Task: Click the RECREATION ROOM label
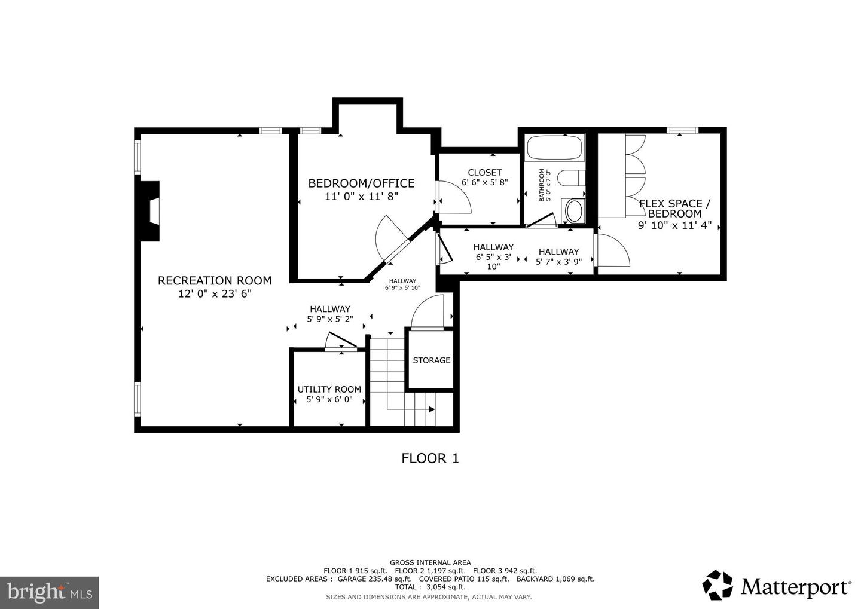[x=215, y=280]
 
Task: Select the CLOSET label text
[x=484, y=173]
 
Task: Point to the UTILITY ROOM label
[x=329, y=390]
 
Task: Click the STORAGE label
[x=431, y=360]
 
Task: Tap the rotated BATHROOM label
[x=542, y=185]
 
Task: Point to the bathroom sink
[x=574, y=211]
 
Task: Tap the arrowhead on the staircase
[x=431, y=409]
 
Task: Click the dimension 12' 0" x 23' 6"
[x=215, y=294]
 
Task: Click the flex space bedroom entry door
[x=613, y=251]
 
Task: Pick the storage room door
[x=428, y=312]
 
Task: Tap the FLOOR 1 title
[x=430, y=458]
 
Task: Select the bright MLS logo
[x=49, y=592]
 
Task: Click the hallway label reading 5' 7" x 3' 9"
[x=558, y=256]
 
